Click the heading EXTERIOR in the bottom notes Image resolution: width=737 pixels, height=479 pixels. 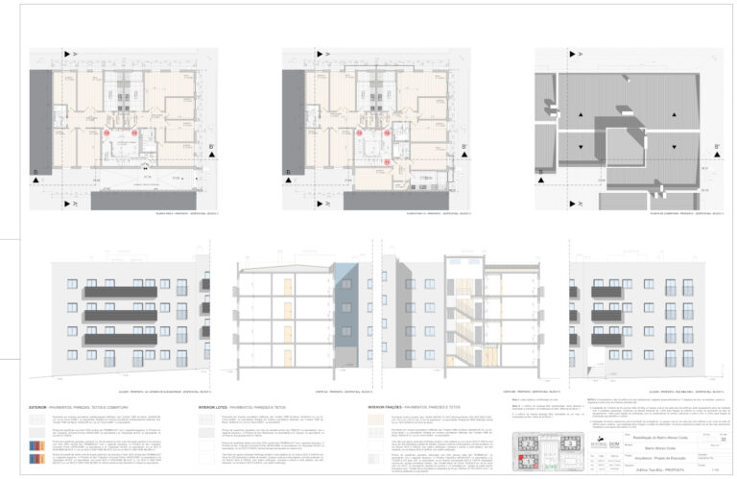[41, 407]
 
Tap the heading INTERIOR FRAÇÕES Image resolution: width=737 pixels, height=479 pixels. [390, 407]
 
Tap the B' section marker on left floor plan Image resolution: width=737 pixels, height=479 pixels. [208, 147]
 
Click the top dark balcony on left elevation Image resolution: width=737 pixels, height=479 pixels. [119, 291]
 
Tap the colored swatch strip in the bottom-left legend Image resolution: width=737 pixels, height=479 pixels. [36, 446]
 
